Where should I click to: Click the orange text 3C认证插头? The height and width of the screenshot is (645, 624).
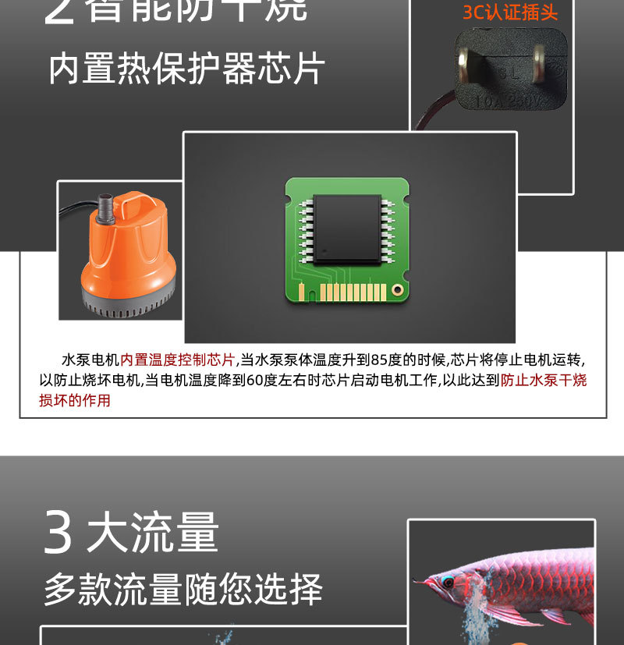tap(510, 12)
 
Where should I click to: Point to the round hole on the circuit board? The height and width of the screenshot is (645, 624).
tap(397, 290)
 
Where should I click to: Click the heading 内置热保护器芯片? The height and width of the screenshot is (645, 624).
tap(186, 69)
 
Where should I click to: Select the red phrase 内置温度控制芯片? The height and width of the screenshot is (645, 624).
tap(177, 360)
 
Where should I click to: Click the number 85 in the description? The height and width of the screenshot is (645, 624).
tap(380, 360)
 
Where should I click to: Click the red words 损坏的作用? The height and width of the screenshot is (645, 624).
tap(75, 401)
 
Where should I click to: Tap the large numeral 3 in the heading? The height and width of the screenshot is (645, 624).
tap(58, 533)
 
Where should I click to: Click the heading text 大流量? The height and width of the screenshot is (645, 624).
tap(153, 533)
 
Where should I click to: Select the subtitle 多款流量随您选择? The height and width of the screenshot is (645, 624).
tap(183, 590)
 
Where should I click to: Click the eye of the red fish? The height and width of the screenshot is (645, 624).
tap(448, 583)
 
